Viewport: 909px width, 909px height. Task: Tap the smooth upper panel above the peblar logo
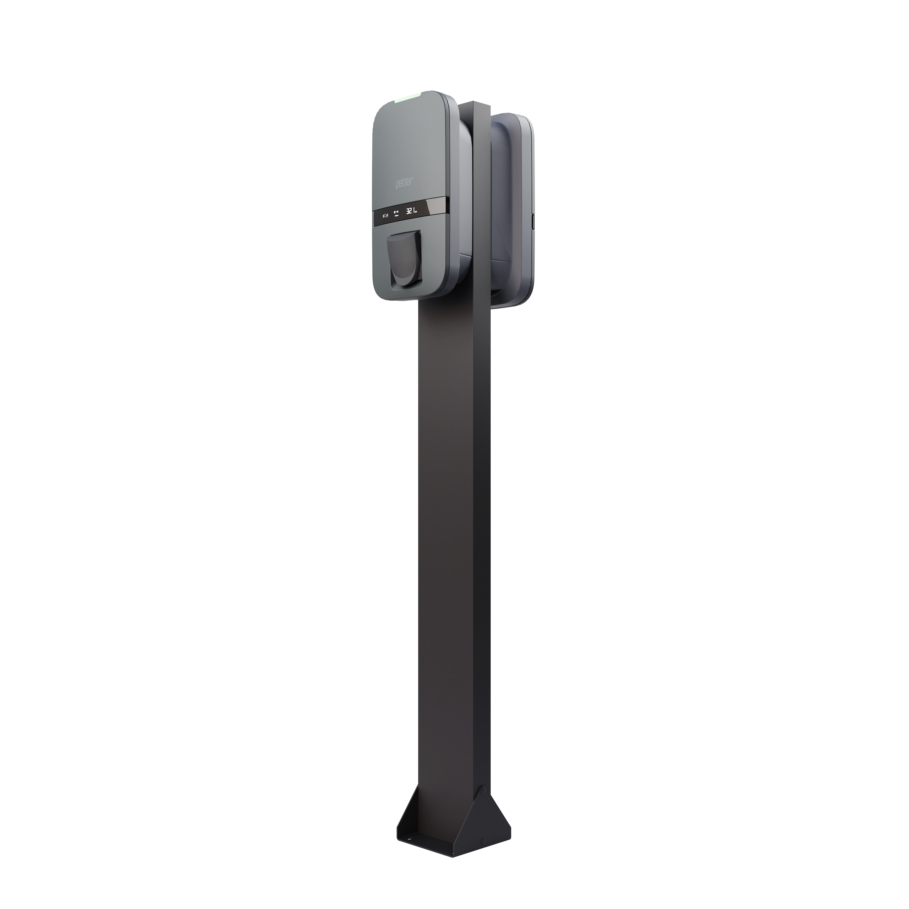coord(409,141)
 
